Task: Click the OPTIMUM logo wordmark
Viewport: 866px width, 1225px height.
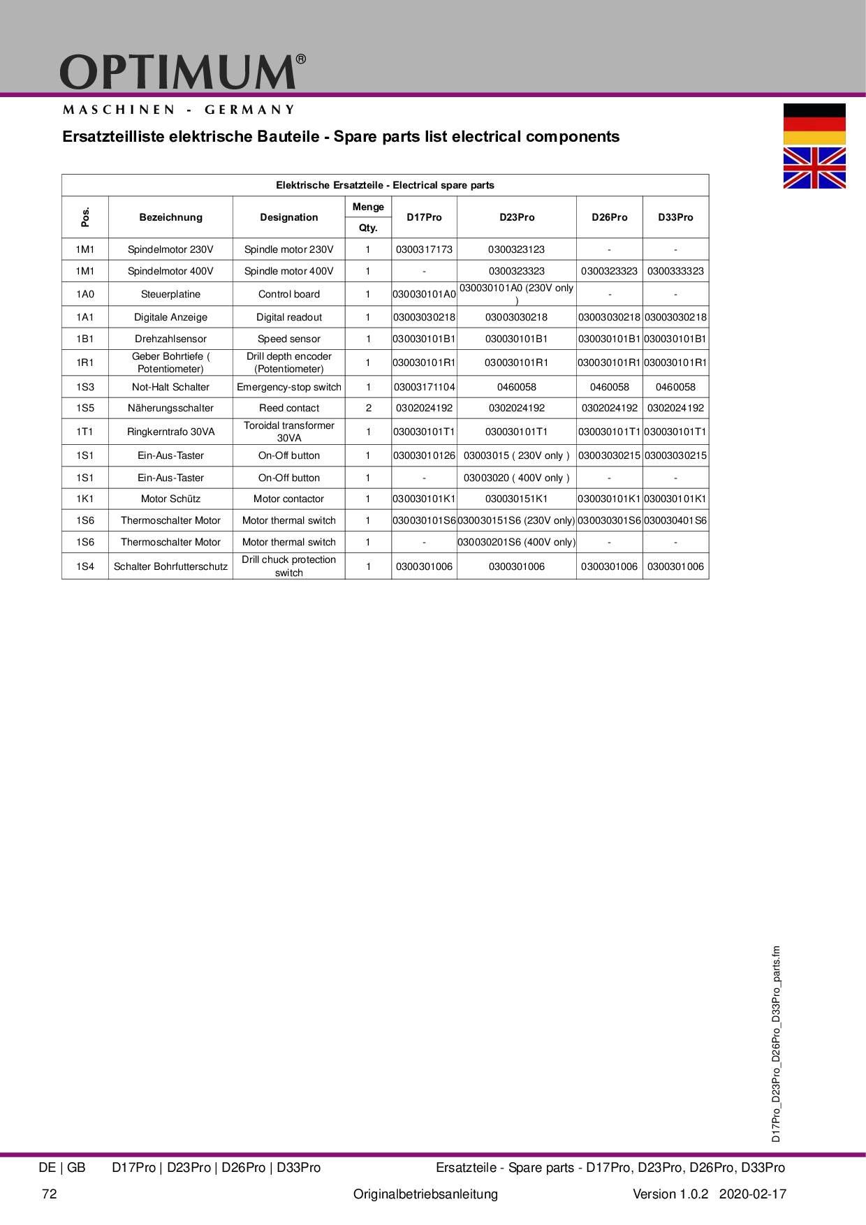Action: (178, 72)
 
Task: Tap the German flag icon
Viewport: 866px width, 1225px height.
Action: (814, 124)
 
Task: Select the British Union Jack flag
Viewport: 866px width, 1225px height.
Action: (814, 168)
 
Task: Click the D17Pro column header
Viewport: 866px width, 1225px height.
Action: (424, 217)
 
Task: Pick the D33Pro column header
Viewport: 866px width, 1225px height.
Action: (675, 217)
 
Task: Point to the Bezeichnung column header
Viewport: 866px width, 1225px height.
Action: (170, 217)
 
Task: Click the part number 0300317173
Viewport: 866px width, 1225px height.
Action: (424, 249)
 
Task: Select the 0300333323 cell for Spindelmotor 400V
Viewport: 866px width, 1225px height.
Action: (675, 271)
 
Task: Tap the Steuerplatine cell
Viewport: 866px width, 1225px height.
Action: (170, 294)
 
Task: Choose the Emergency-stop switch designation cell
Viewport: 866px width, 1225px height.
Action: (288, 387)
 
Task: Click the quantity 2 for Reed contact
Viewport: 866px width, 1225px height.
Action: (368, 408)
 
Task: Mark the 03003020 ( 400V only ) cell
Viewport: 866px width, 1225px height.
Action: (516, 478)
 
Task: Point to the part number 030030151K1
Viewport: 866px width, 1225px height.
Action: (516, 499)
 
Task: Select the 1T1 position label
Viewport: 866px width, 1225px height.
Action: (85, 432)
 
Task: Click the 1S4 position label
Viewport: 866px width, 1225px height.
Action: (85, 566)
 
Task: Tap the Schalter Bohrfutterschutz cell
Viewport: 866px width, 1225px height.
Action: (170, 566)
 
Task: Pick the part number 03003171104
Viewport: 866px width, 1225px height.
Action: (424, 387)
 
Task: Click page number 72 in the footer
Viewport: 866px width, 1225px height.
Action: (49, 1194)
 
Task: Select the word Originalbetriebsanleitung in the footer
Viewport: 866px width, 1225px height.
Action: (425, 1194)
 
